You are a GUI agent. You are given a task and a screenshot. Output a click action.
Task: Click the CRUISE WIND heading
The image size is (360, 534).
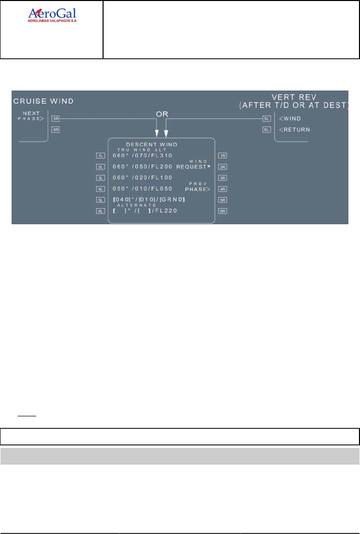tap(43, 101)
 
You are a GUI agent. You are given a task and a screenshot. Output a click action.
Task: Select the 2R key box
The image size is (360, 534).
tap(222, 166)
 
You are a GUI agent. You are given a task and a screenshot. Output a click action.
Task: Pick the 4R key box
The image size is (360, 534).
tap(222, 189)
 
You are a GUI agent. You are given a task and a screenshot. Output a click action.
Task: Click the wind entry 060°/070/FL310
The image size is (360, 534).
tap(142, 155)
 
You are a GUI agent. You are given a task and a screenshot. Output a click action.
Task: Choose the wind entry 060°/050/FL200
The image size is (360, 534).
tap(142, 166)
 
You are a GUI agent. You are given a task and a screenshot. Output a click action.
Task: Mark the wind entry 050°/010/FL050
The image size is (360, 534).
tap(142, 189)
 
